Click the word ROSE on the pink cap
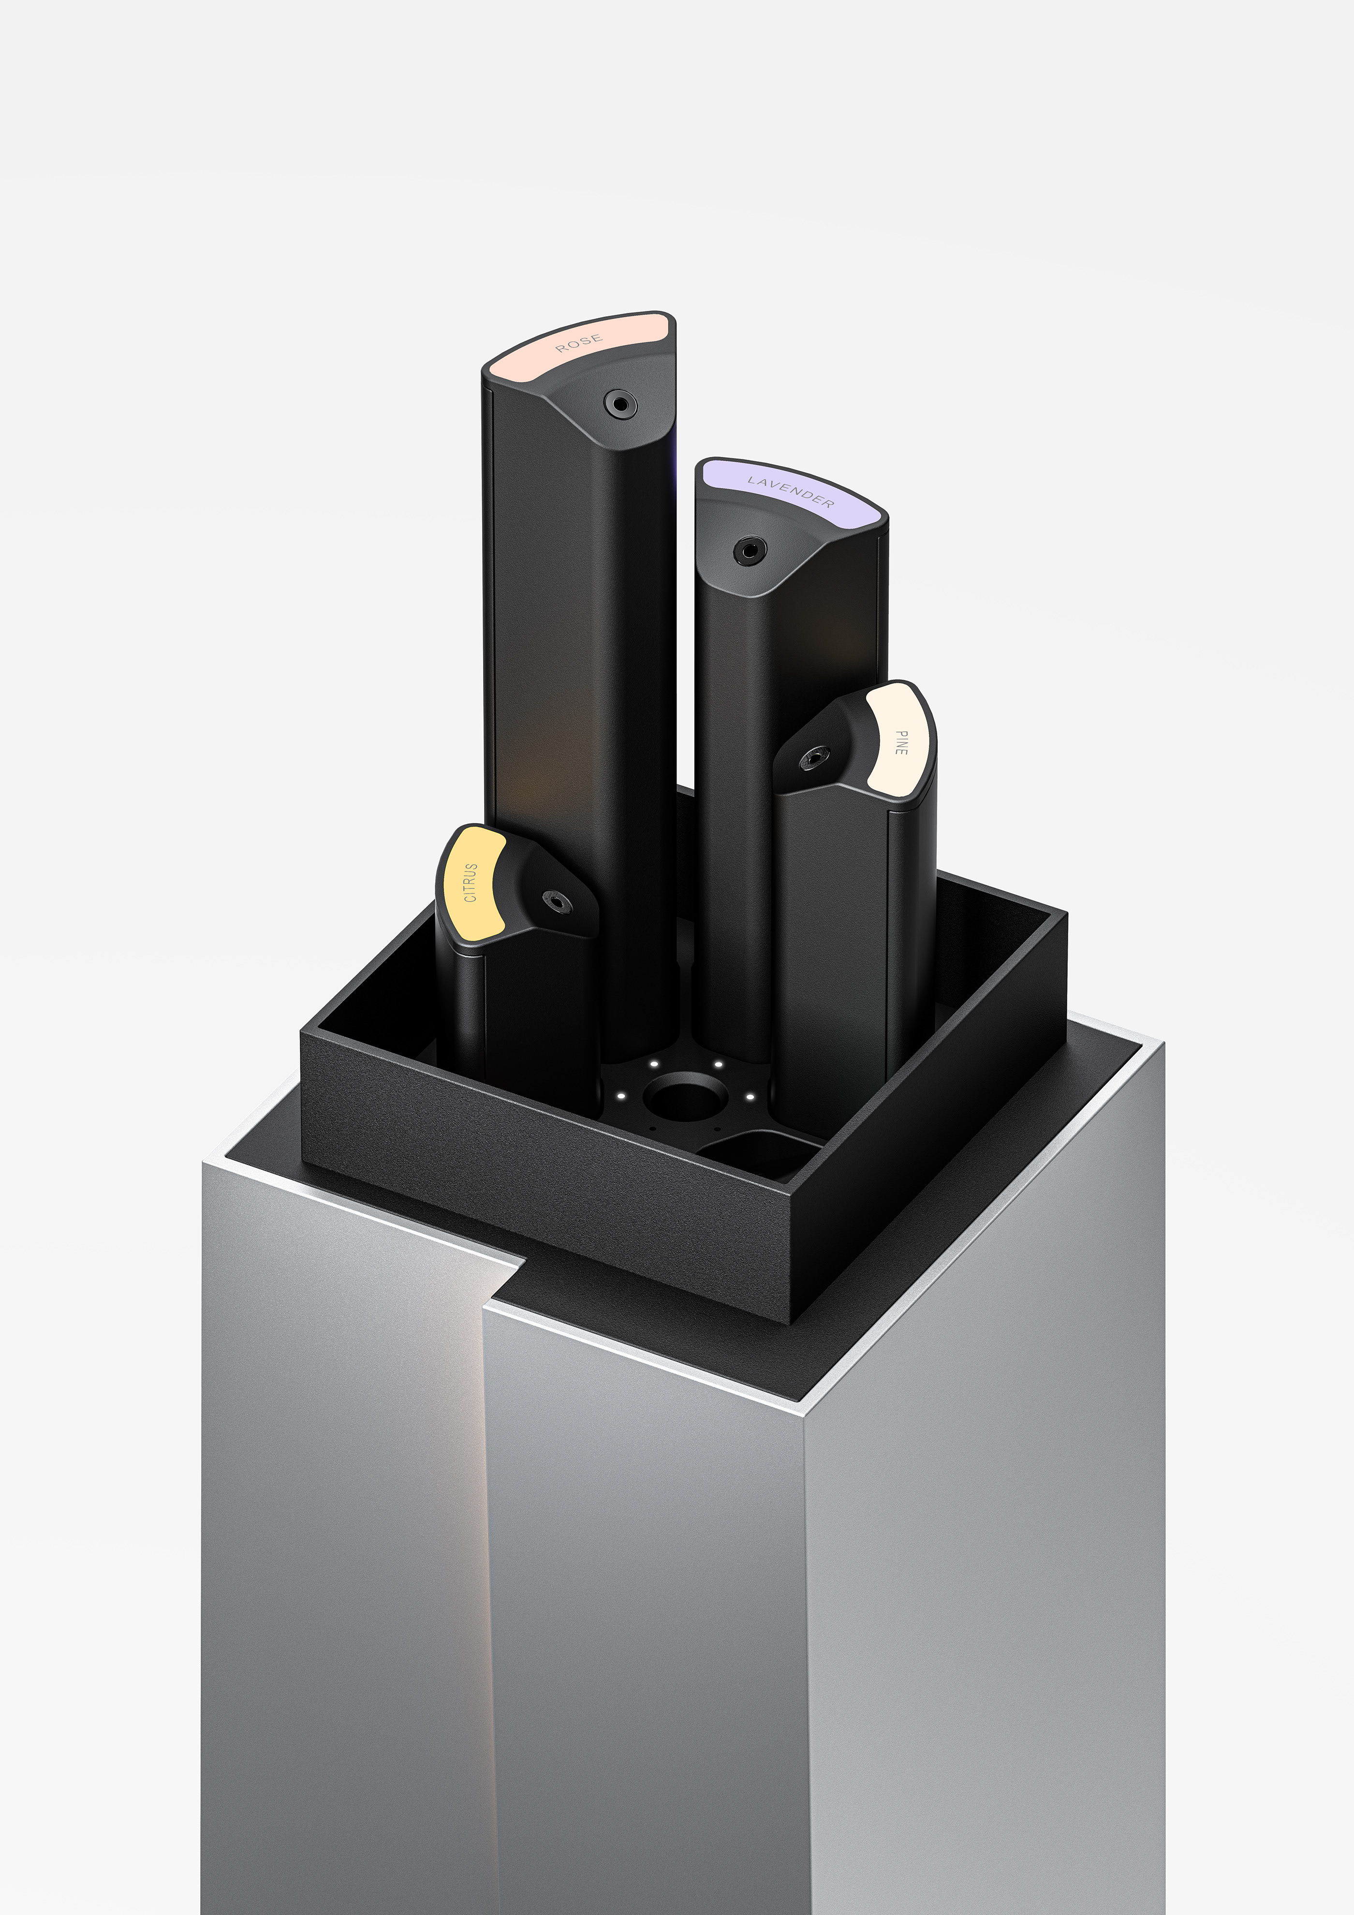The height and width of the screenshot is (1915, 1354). [x=578, y=343]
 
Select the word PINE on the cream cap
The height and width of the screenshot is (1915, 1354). [x=900, y=742]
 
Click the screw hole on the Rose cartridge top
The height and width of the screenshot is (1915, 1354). [x=619, y=404]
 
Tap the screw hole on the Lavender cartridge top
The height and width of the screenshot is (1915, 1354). [x=749, y=550]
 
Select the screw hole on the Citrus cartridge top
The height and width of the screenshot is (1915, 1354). [x=557, y=901]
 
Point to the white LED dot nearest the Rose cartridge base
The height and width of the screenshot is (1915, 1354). [x=654, y=1063]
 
